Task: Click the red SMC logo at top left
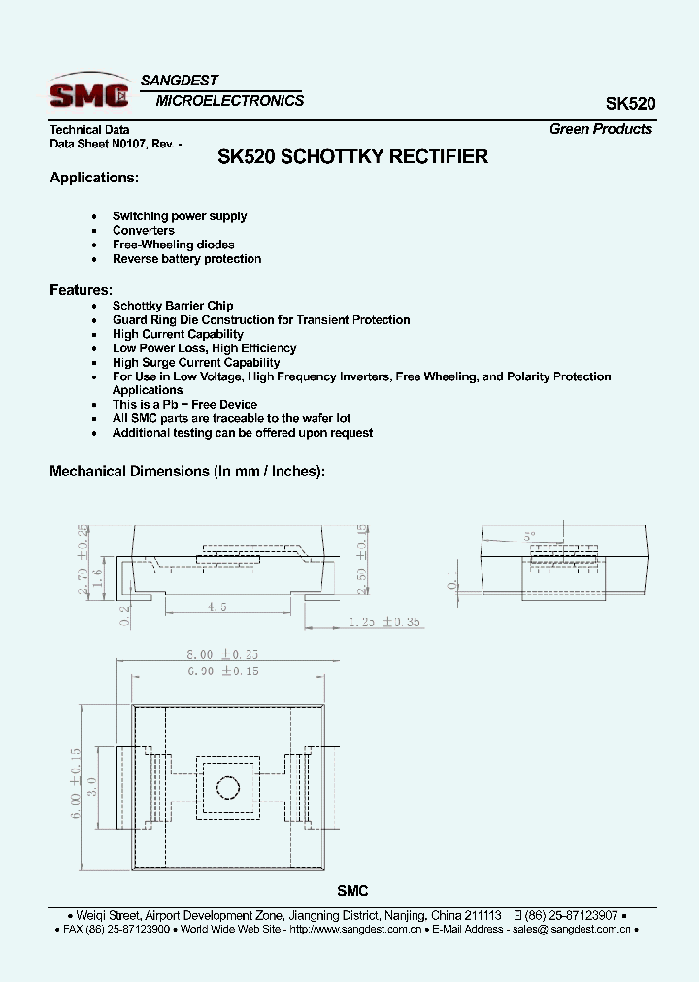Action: point(89,94)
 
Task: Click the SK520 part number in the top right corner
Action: point(630,103)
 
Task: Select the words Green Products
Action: point(600,129)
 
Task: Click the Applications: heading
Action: point(94,178)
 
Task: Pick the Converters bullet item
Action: point(144,231)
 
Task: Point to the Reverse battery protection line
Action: point(186,259)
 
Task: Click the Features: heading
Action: point(81,290)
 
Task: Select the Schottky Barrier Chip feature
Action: point(173,306)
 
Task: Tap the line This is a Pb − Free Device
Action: point(184,405)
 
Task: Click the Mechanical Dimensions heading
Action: point(187,471)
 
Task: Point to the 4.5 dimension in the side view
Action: point(216,606)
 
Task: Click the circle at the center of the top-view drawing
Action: point(228,786)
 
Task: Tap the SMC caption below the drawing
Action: point(352,891)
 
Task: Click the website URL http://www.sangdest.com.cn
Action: point(356,929)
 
